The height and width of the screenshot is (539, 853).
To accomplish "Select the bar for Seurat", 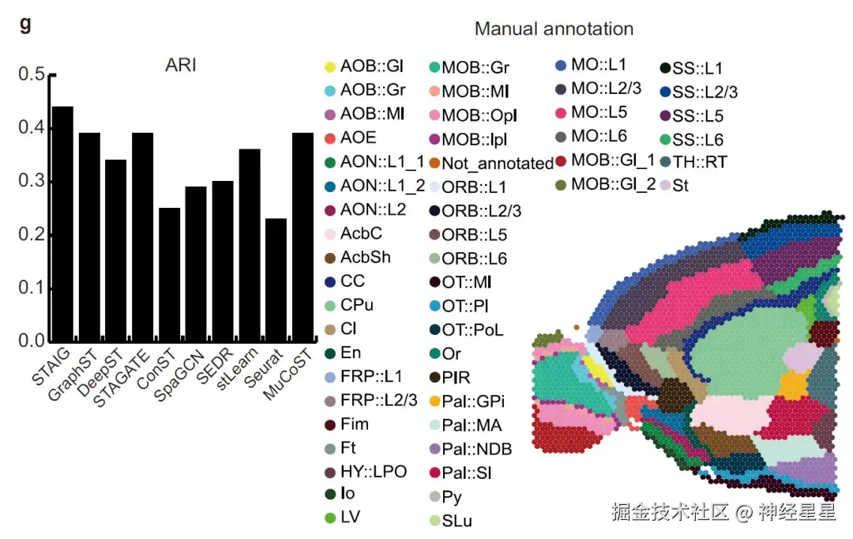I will point(276,280).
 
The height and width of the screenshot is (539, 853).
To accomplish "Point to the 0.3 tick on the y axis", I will point(32,182).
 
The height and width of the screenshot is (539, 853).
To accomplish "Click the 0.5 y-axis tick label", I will point(32,75).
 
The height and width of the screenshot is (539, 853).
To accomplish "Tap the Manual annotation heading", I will point(554,29).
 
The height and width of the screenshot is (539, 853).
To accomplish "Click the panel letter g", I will point(25,24).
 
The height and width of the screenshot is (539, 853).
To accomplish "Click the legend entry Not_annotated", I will point(497,164).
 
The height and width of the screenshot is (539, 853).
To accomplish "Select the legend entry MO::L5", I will point(599,112).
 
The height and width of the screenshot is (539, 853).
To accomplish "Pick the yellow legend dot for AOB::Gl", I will point(330,66).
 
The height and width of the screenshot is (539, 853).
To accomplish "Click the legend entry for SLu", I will point(457,521).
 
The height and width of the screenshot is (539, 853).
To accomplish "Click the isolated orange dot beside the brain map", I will point(577,326).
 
